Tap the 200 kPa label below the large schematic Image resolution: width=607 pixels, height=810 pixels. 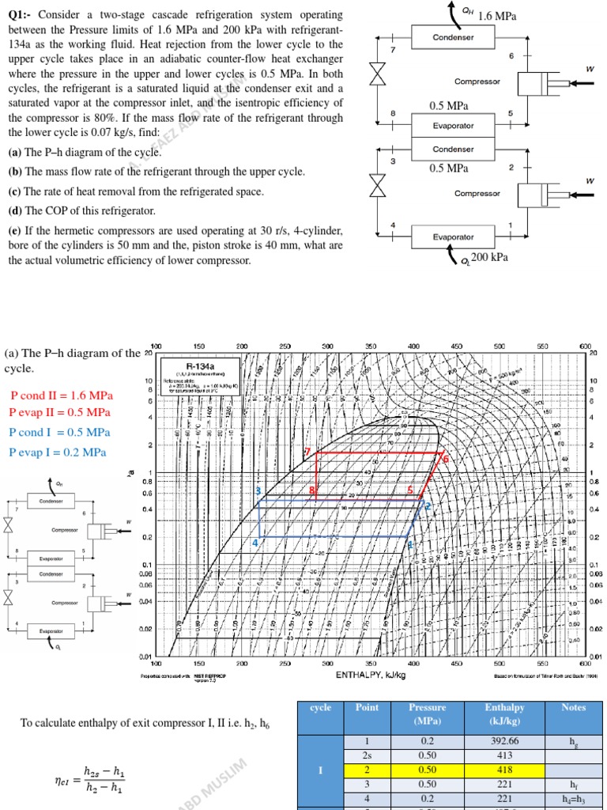[489, 257]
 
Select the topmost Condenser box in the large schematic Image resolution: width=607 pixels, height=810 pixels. [454, 37]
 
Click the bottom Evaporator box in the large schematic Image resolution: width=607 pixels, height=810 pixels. [454, 237]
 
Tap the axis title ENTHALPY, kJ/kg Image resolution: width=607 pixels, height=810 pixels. [371, 675]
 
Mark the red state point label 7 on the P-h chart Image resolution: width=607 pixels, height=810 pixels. [307, 451]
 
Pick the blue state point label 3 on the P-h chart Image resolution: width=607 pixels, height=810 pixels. [258, 491]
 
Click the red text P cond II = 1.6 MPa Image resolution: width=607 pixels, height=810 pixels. [61, 395]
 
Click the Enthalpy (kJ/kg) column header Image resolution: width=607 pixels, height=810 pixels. [506, 713]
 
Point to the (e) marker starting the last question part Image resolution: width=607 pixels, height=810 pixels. [14, 231]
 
